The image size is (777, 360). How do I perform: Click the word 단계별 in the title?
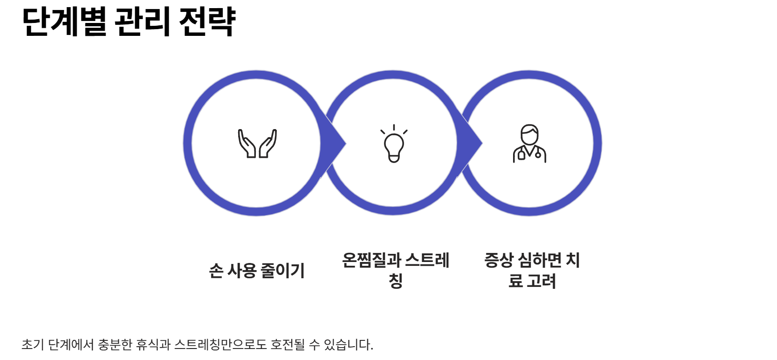(x=64, y=22)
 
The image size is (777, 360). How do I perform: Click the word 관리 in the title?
(x=142, y=22)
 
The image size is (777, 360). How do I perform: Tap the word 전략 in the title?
(x=207, y=22)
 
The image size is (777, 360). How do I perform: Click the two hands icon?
(x=257, y=143)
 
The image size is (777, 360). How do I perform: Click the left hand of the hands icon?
(x=247, y=143)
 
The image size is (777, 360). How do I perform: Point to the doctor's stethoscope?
(x=538, y=154)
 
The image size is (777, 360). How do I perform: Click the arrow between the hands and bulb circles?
(x=337, y=143)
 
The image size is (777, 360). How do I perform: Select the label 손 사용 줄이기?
(x=257, y=271)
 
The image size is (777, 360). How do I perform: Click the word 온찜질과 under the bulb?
(x=371, y=260)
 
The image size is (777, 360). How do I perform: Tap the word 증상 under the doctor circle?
(x=498, y=260)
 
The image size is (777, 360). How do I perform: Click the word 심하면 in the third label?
(x=540, y=260)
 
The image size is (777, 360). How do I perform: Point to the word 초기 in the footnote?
(x=33, y=344)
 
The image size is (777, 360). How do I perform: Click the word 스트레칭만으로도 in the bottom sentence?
(x=220, y=344)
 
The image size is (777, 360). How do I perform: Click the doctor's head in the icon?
(x=529, y=134)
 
